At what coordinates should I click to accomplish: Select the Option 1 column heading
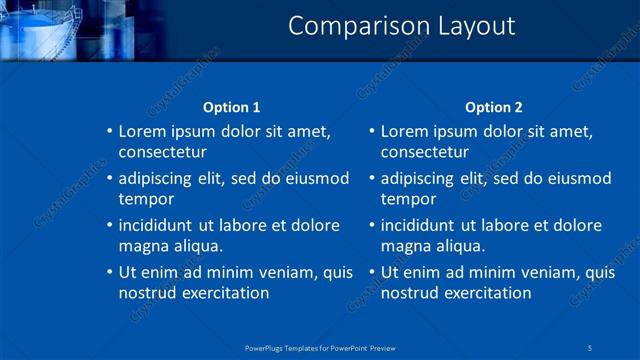(231, 107)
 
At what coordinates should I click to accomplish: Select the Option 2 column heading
(494, 107)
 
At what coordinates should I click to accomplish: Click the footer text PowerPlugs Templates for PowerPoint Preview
(319, 347)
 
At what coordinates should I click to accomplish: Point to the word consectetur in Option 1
(162, 153)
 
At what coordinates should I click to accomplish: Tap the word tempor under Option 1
(145, 200)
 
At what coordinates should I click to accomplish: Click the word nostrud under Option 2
(410, 293)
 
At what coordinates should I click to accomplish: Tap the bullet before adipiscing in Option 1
(110, 179)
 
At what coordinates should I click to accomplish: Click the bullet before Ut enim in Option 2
(372, 272)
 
